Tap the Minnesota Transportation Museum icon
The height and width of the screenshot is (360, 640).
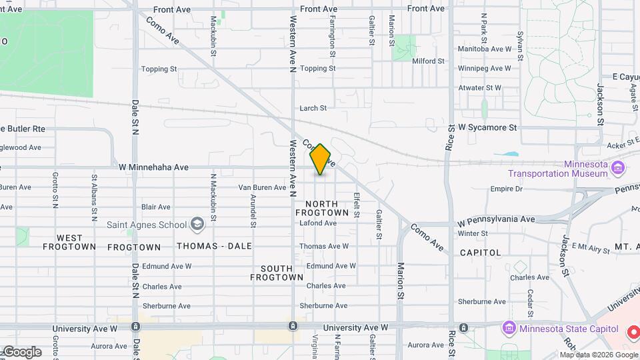[x=619, y=167]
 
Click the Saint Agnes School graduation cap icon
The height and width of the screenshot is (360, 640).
[x=197, y=224]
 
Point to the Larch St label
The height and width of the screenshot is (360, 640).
[x=313, y=108]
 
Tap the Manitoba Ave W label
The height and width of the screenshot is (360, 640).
[x=485, y=49]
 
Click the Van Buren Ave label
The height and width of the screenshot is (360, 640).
[x=263, y=187]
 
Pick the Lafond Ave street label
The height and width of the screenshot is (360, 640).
[x=317, y=223]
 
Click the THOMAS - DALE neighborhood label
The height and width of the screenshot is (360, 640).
[x=214, y=246]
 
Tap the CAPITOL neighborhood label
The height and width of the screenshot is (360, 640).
[x=480, y=253]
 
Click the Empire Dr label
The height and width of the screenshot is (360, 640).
[x=506, y=189]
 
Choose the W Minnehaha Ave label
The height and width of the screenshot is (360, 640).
[x=153, y=167]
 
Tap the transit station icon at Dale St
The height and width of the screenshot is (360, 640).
[x=136, y=327]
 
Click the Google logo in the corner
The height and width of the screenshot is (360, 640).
[x=22, y=351]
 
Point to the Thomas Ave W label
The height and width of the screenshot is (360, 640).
[x=324, y=246]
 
